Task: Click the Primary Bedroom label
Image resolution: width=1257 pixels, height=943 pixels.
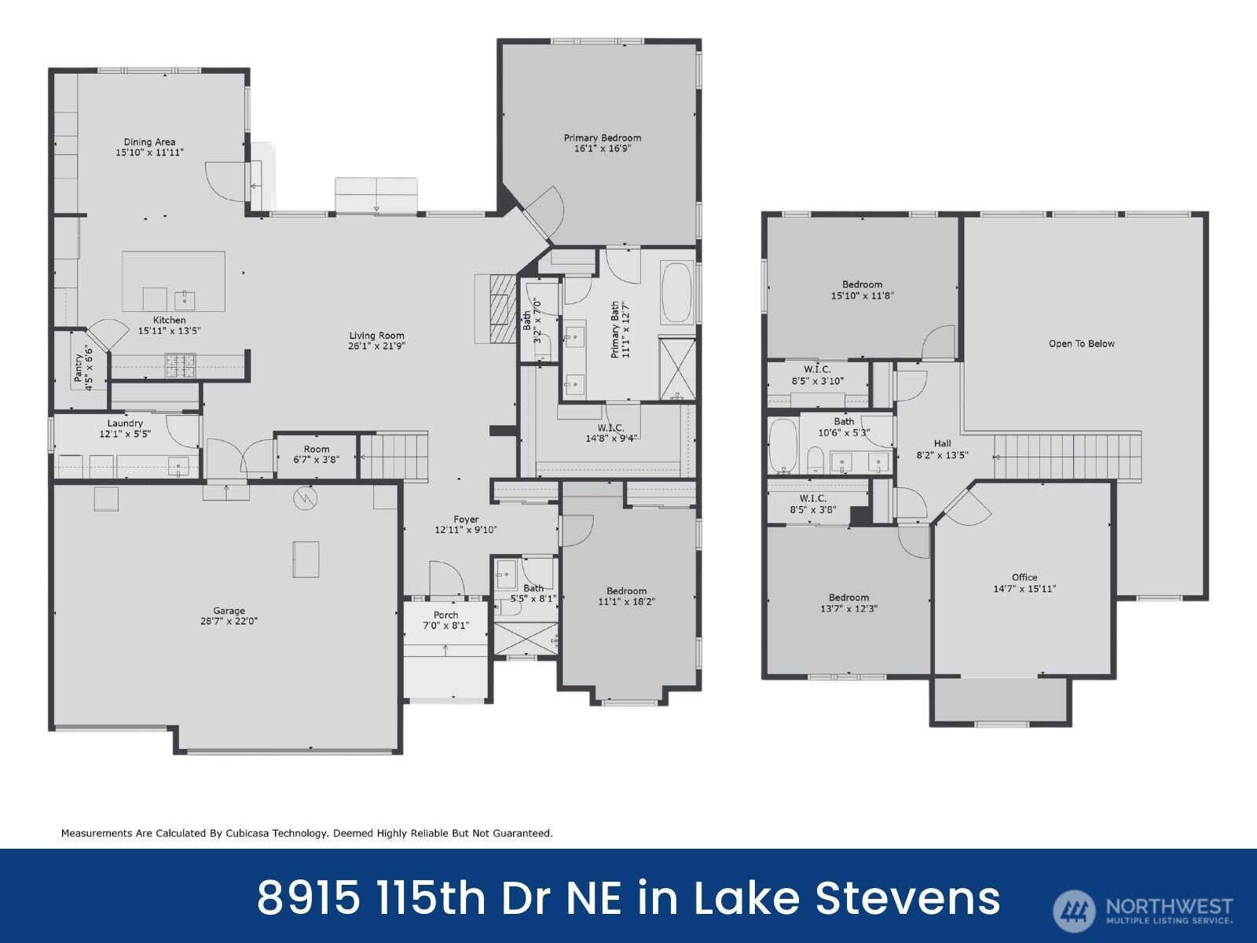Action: [x=603, y=138]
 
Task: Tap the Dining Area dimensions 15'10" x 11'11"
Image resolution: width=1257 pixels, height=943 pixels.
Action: [x=149, y=152]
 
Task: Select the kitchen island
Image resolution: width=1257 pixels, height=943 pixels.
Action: [x=174, y=281]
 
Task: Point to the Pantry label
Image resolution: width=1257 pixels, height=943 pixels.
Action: [x=79, y=368]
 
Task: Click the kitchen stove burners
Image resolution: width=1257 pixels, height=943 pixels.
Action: [x=180, y=365]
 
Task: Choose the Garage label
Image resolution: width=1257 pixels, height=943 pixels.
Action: [x=229, y=611]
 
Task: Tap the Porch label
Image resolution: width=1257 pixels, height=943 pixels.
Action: [x=445, y=615]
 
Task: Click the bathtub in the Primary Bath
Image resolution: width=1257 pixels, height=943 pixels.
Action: [x=677, y=293]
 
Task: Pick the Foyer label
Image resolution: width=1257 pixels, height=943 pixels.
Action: [x=466, y=519]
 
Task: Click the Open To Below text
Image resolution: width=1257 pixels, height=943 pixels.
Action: [x=1082, y=343]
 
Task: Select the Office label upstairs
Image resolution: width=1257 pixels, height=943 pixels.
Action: [x=1024, y=577]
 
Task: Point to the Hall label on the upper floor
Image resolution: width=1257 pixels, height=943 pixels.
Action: [x=942, y=443]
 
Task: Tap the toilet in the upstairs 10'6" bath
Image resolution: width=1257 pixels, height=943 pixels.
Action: [x=815, y=460]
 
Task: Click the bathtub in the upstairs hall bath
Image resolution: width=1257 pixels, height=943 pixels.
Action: [x=782, y=446]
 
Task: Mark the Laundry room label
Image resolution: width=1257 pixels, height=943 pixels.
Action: [x=125, y=424]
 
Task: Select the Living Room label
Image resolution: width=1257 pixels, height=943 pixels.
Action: [x=377, y=336]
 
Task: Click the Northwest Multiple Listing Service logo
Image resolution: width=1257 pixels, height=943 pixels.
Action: [x=1142, y=910]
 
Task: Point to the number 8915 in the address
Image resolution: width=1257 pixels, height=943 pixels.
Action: [x=309, y=897]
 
